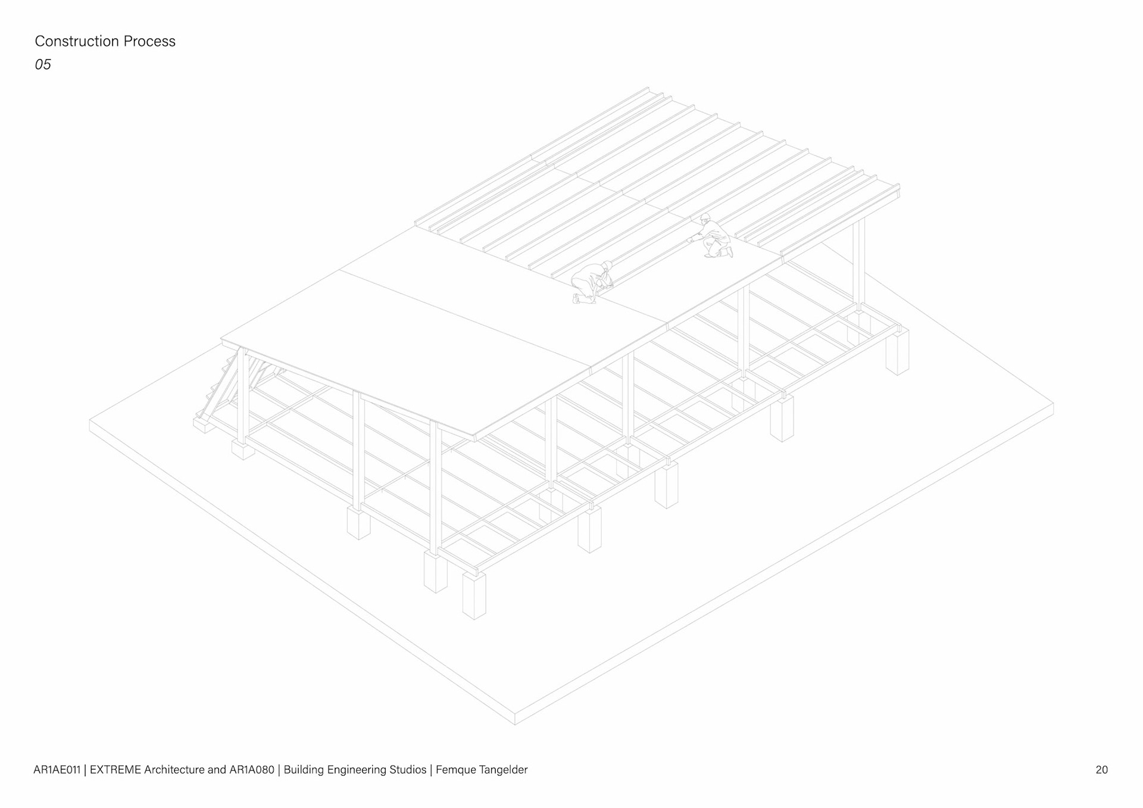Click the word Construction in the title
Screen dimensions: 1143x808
click(x=77, y=41)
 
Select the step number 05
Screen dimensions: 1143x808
click(x=43, y=64)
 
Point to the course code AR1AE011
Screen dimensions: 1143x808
click(x=57, y=769)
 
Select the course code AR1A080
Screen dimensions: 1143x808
click(x=252, y=769)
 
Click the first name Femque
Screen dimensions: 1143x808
click(x=455, y=769)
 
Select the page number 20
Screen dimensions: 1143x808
click(x=1101, y=769)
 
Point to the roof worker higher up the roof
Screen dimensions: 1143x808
click(x=712, y=237)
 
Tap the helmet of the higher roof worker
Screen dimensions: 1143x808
click(x=705, y=217)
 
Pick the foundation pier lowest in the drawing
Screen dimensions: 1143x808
click(x=474, y=595)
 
